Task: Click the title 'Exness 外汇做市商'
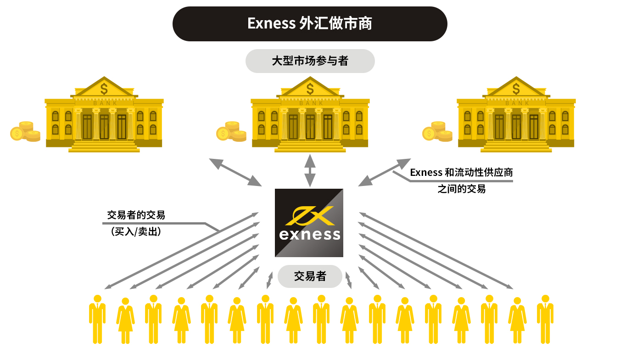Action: coord(310,23)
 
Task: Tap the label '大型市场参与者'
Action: coord(310,61)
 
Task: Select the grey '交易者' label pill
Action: coord(310,276)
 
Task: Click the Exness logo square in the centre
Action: coord(309,223)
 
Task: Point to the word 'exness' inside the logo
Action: coord(310,235)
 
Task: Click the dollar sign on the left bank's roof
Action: coord(105,88)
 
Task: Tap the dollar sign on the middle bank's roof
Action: coord(310,88)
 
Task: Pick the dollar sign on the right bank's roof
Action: coord(516,88)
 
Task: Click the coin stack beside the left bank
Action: coord(25,131)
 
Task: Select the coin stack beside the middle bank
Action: coord(231,131)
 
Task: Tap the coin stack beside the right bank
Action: coord(437,131)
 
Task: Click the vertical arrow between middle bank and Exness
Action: coord(310,170)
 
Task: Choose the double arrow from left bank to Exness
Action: coord(235,172)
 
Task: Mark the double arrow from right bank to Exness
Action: coord(385,172)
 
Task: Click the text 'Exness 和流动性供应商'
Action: coord(461,173)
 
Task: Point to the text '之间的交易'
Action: coord(461,189)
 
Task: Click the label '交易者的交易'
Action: coord(136,215)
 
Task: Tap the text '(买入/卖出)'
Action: coord(136,232)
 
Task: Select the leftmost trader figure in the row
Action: coord(97,319)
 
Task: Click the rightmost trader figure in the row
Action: coord(545,319)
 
